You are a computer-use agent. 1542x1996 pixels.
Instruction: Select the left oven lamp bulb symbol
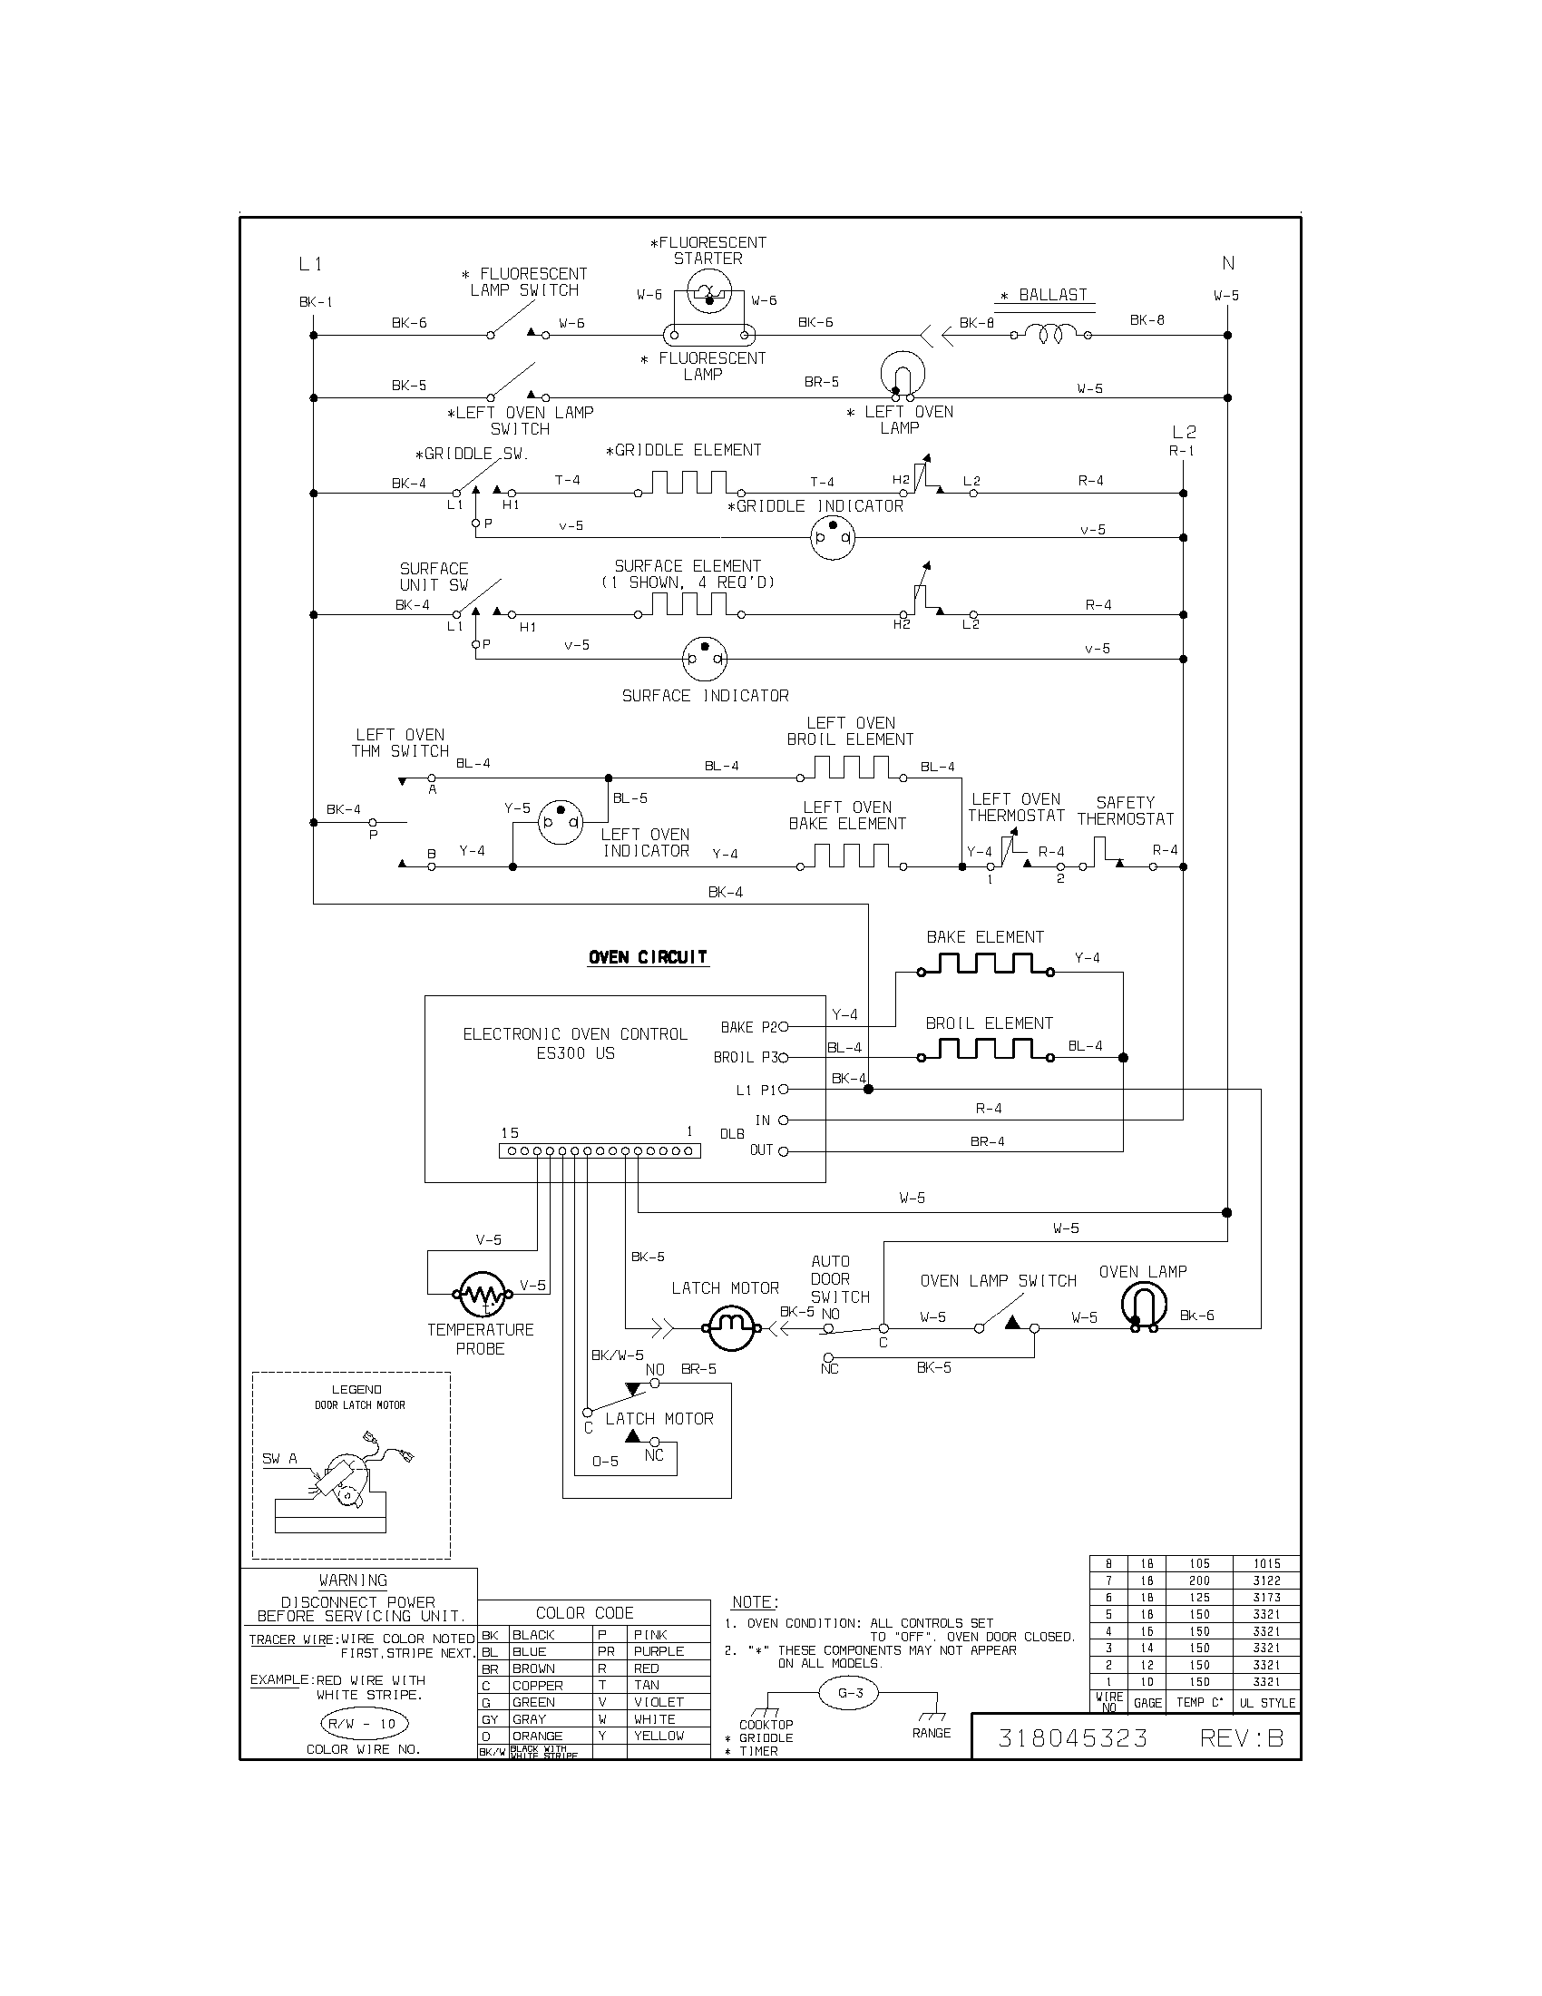point(903,375)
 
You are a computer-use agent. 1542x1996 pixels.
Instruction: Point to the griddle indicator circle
point(832,538)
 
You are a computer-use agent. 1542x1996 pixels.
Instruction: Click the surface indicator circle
point(705,659)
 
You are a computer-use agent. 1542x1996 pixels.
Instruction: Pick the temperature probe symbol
point(481,1293)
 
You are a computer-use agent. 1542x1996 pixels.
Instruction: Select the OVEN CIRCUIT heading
point(648,957)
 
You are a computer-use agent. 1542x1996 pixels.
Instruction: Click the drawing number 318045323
point(1072,1737)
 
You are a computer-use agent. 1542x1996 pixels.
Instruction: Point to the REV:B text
point(1242,1737)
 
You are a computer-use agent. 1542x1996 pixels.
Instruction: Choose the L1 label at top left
point(310,264)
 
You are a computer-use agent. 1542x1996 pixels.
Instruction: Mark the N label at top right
point(1228,263)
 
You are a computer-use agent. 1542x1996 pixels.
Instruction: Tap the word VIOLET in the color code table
point(659,1702)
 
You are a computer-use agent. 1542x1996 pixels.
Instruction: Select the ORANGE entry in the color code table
point(537,1736)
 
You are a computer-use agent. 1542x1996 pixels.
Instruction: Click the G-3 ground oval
point(850,1693)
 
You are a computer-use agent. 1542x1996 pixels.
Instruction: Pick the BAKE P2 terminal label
point(747,1027)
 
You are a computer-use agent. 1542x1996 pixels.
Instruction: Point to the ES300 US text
point(575,1053)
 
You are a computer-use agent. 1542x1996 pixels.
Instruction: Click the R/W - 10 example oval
point(363,1724)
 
